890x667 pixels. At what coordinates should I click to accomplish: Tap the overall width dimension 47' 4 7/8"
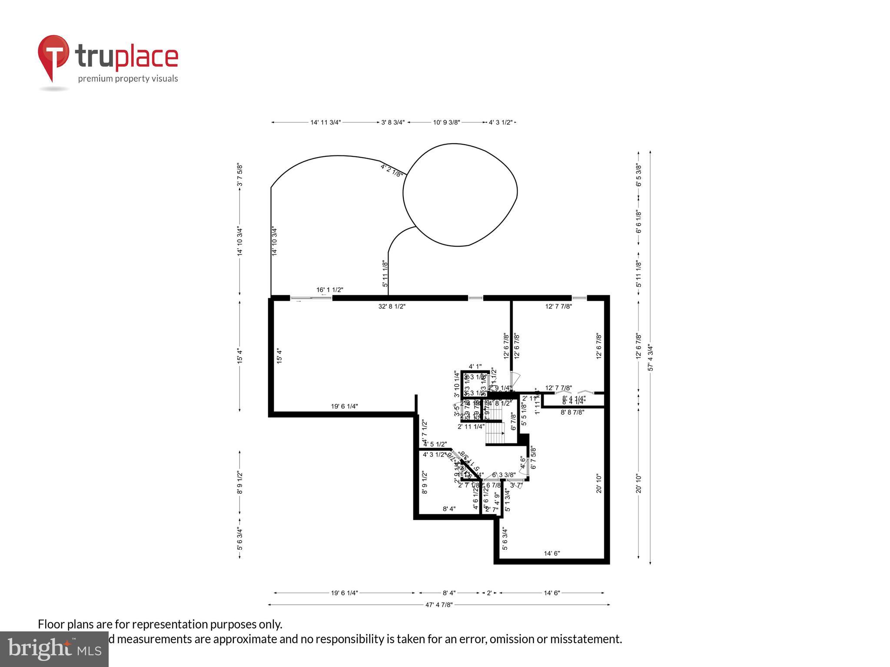pyautogui.click(x=439, y=604)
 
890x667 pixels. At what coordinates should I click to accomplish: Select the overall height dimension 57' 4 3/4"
pyautogui.click(x=651, y=357)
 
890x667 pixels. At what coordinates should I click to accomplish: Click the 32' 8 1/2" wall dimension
pyautogui.click(x=392, y=307)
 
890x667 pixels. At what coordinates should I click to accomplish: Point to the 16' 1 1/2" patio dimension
pyautogui.click(x=330, y=290)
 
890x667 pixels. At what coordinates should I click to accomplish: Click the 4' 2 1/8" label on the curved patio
pyautogui.click(x=392, y=170)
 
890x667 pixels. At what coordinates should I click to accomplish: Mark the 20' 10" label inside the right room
pyautogui.click(x=599, y=483)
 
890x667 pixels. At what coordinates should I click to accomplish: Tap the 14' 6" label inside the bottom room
pyautogui.click(x=552, y=553)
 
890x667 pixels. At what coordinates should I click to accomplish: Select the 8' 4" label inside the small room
pyautogui.click(x=449, y=509)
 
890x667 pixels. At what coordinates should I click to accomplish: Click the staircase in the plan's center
pyautogui.click(x=496, y=433)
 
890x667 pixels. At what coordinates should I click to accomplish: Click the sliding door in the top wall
pyautogui.click(x=311, y=298)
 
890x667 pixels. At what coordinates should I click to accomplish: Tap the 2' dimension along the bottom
pyautogui.click(x=489, y=593)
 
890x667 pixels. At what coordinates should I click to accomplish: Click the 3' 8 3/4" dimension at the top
pyautogui.click(x=393, y=122)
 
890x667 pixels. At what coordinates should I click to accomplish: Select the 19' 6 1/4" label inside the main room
pyautogui.click(x=344, y=406)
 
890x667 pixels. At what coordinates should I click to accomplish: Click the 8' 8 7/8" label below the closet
pyautogui.click(x=572, y=412)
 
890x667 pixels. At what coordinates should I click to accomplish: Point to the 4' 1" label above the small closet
pyautogui.click(x=475, y=367)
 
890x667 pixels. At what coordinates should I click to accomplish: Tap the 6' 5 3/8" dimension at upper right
pyautogui.click(x=638, y=175)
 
